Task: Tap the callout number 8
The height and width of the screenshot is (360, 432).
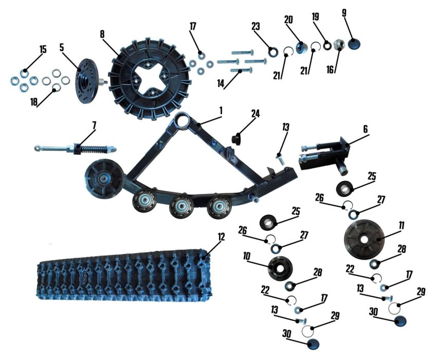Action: click(x=102, y=34)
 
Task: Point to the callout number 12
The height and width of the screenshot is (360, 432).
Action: click(x=221, y=237)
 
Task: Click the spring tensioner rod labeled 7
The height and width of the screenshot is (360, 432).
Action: click(x=76, y=149)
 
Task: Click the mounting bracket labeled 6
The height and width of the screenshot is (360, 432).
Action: click(x=325, y=156)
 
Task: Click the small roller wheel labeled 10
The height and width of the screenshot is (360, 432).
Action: click(x=280, y=267)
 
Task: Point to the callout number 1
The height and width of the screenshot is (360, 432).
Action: click(x=221, y=111)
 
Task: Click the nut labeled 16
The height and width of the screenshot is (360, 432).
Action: click(x=338, y=45)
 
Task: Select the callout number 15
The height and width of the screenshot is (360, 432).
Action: click(x=43, y=50)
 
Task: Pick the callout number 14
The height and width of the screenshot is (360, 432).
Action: click(x=221, y=84)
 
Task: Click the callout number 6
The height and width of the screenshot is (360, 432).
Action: click(x=365, y=129)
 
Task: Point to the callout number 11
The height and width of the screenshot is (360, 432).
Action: click(x=402, y=226)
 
